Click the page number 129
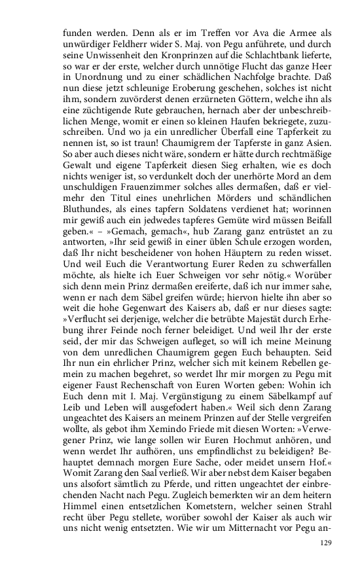click(326, 543)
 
